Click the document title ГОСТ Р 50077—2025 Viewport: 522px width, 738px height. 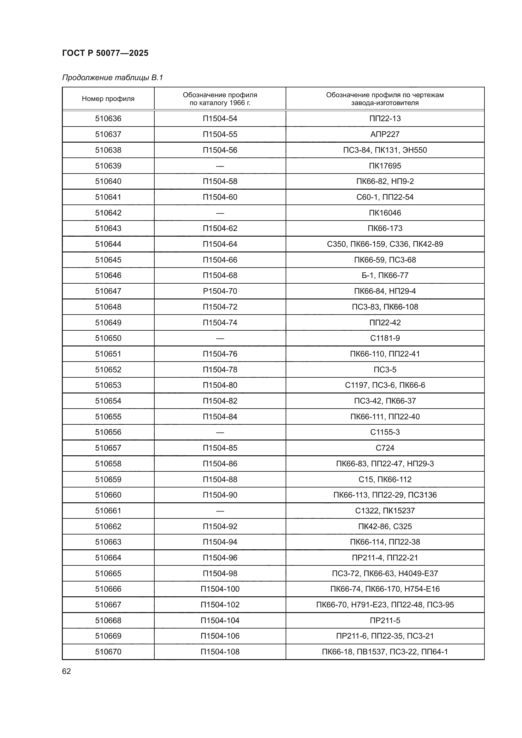coord(105,53)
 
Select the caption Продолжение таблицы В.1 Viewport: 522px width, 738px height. coord(112,78)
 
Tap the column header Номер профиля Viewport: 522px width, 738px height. coord(108,99)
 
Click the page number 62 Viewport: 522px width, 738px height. coord(67,671)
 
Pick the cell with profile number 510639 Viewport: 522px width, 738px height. coord(108,166)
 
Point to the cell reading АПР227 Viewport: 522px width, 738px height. coord(385,134)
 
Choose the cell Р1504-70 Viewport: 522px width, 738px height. coord(220,291)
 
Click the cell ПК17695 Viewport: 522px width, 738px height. coord(385,166)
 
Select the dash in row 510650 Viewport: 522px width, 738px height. coord(220,338)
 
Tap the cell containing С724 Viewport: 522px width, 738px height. coord(385,448)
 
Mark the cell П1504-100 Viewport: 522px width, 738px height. coord(220,589)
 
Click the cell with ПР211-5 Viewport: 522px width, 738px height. coord(385,620)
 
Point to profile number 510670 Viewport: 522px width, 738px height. coord(108,652)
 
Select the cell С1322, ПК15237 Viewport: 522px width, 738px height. coord(385,511)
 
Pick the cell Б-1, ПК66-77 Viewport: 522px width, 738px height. coord(385,275)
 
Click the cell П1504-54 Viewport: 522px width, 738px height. coord(220,119)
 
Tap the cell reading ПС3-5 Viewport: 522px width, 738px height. coord(385,370)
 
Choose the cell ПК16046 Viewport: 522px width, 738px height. coord(385,213)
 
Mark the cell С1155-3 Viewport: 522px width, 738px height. coord(385,432)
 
